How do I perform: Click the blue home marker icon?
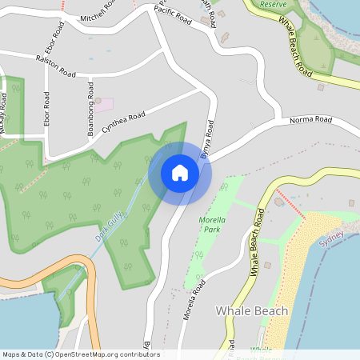[x=180, y=173]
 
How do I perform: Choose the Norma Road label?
[x=311, y=120]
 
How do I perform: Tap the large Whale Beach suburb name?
[x=252, y=309]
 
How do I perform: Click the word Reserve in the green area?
[x=274, y=4]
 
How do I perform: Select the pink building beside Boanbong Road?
[x=106, y=105]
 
